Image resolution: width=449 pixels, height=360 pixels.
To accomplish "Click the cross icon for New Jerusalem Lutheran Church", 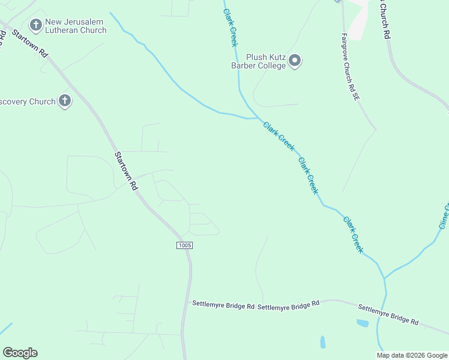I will click(35, 25).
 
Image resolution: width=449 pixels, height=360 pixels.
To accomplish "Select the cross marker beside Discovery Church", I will click(65, 101).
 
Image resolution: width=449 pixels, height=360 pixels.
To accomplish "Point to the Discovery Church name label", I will click(27, 101).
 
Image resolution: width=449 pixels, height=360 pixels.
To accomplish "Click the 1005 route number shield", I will click(185, 245).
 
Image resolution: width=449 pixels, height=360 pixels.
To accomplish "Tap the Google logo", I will click(20, 353).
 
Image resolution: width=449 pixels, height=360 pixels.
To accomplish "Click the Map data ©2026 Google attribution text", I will click(411, 355).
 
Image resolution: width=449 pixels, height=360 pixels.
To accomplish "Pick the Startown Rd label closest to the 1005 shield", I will click(126, 170).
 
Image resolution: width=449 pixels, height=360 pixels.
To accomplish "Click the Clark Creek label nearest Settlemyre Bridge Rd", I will click(354, 235).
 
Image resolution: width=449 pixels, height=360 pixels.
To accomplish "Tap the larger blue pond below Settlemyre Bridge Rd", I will click(362, 323).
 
